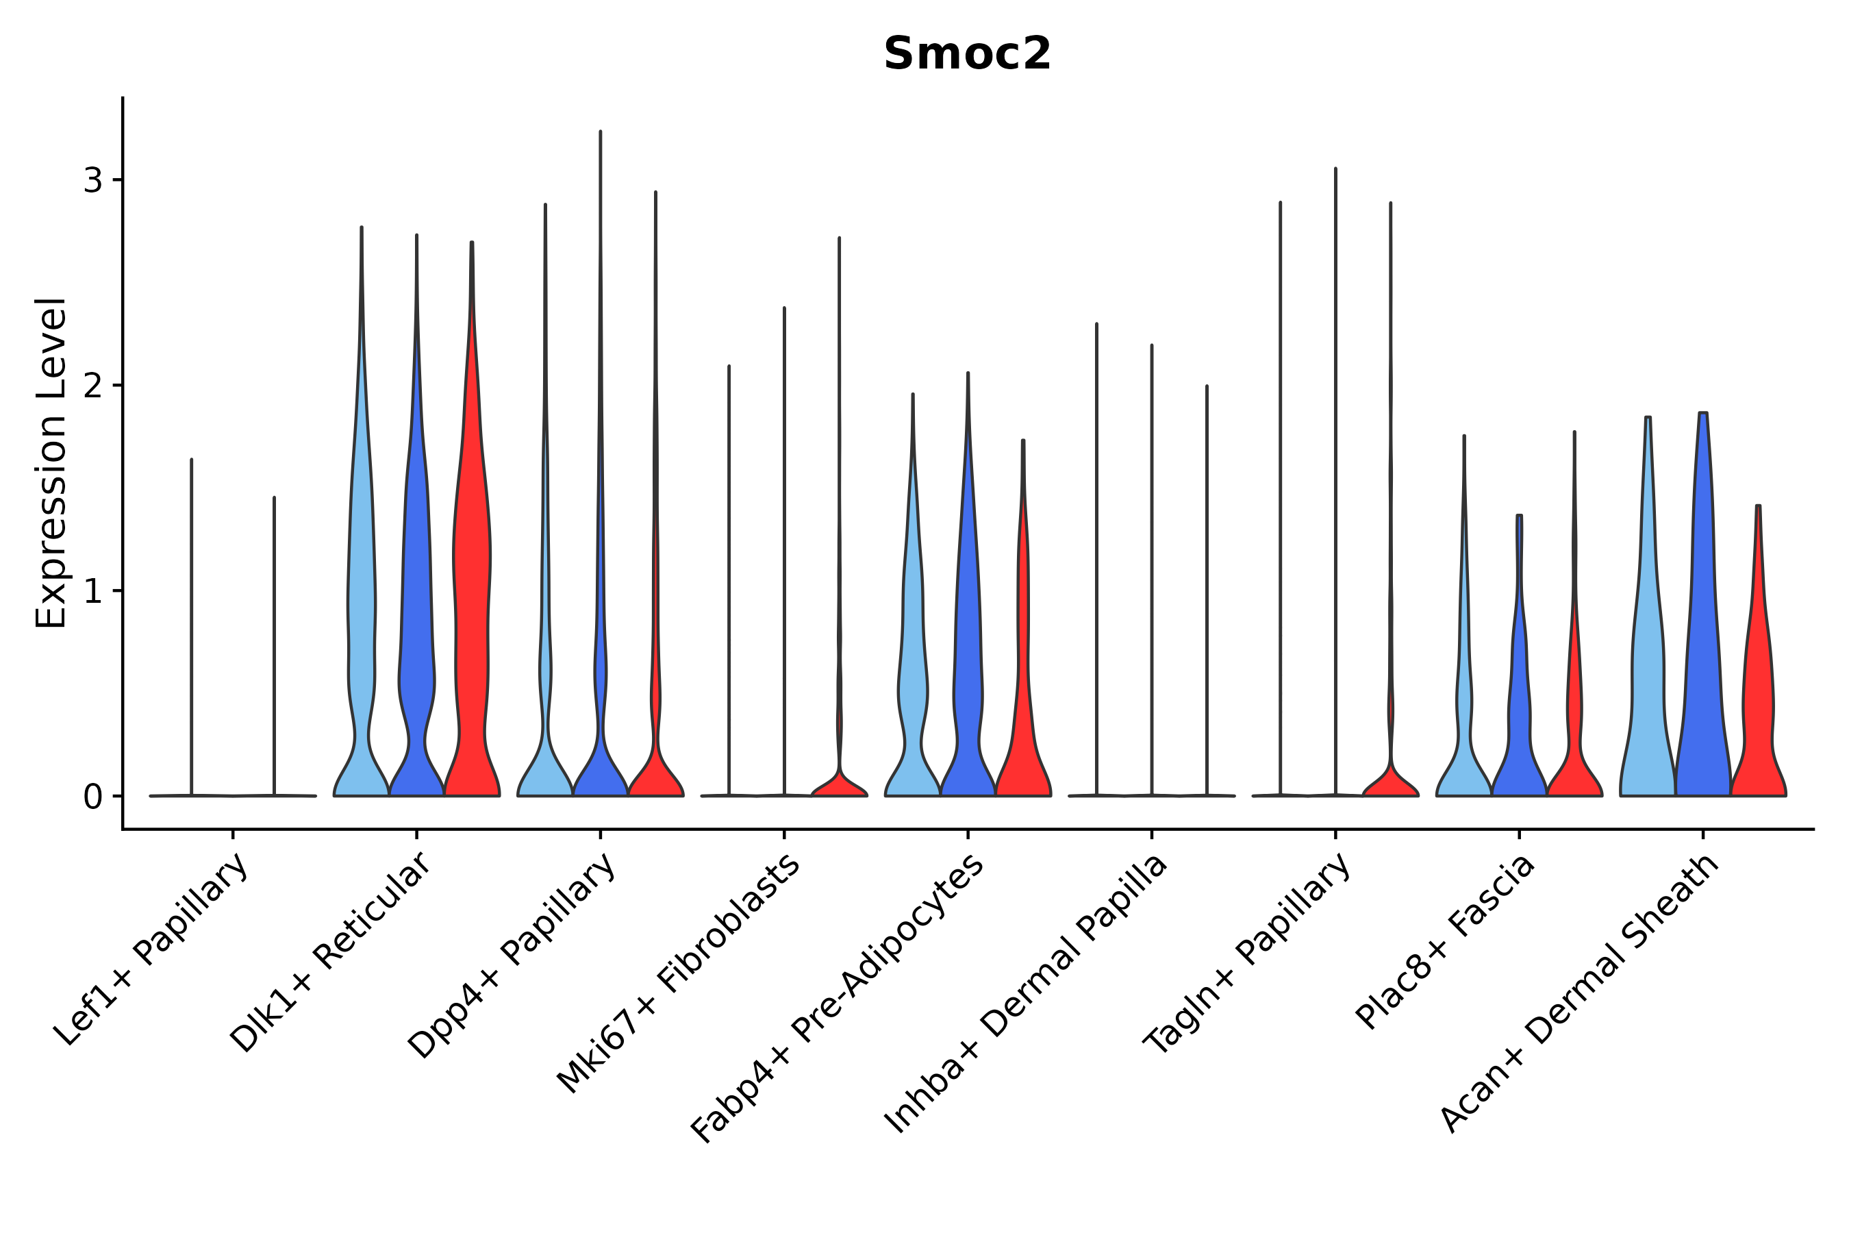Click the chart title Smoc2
click(967, 54)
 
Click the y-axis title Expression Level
click(52, 463)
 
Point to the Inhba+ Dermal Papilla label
click(1025, 994)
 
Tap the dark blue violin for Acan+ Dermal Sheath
click(1702, 629)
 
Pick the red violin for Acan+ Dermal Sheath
click(1758, 692)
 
